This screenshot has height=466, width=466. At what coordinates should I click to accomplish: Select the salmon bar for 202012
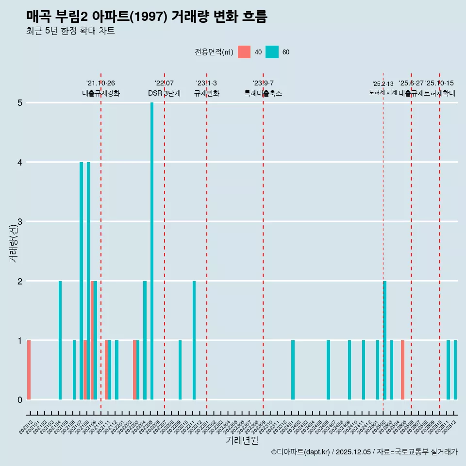click(29, 370)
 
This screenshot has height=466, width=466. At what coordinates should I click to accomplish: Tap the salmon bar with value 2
click(92, 340)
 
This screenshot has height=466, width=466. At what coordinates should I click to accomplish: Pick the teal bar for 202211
click(194, 340)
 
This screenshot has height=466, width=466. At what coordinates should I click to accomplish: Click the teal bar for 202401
click(293, 370)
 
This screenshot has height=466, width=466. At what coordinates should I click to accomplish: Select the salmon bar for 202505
click(403, 370)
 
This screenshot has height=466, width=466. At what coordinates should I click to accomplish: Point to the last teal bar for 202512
click(455, 370)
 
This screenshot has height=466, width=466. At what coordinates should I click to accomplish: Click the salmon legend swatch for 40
click(244, 52)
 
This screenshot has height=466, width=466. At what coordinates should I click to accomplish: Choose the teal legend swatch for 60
click(272, 52)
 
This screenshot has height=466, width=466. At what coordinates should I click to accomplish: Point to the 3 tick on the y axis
click(20, 222)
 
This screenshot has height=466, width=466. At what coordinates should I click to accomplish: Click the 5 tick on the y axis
click(20, 103)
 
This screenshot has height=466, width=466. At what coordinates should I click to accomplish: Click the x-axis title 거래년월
click(242, 440)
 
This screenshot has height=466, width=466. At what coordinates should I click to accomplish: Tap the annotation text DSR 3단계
click(164, 93)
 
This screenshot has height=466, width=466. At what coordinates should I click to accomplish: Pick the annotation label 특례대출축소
click(263, 93)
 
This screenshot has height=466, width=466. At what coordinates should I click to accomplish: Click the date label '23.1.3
click(206, 83)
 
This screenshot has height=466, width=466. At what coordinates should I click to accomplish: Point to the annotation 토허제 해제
click(383, 92)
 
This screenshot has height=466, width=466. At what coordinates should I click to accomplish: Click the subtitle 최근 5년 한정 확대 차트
click(70, 31)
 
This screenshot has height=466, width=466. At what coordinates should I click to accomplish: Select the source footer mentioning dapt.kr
click(364, 452)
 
